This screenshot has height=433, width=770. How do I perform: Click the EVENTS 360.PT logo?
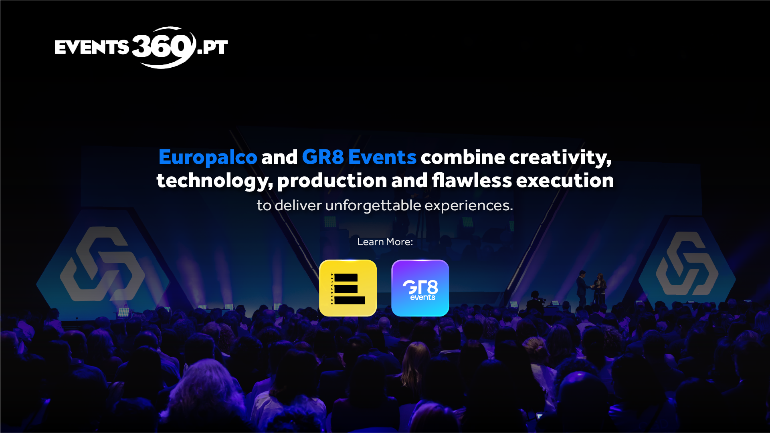(141, 47)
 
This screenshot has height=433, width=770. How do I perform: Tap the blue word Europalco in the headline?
(208, 157)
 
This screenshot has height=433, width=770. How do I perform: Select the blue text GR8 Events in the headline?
(359, 157)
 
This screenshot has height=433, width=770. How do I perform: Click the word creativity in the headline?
(560, 157)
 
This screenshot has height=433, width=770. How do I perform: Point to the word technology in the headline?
(215, 181)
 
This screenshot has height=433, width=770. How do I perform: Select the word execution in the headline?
(565, 180)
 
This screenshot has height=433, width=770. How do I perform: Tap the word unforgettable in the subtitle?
(373, 205)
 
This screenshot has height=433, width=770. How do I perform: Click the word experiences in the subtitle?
(469, 206)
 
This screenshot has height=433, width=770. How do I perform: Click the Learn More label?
(385, 242)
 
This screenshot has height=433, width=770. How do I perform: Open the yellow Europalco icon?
(348, 288)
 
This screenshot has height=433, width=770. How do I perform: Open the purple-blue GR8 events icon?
(420, 288)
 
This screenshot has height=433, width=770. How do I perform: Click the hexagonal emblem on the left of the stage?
(103, 264)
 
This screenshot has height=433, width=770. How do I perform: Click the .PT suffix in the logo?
(212, 47)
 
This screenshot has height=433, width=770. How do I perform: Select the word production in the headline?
(332, 181)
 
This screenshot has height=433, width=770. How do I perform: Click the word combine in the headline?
(463, 157)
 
